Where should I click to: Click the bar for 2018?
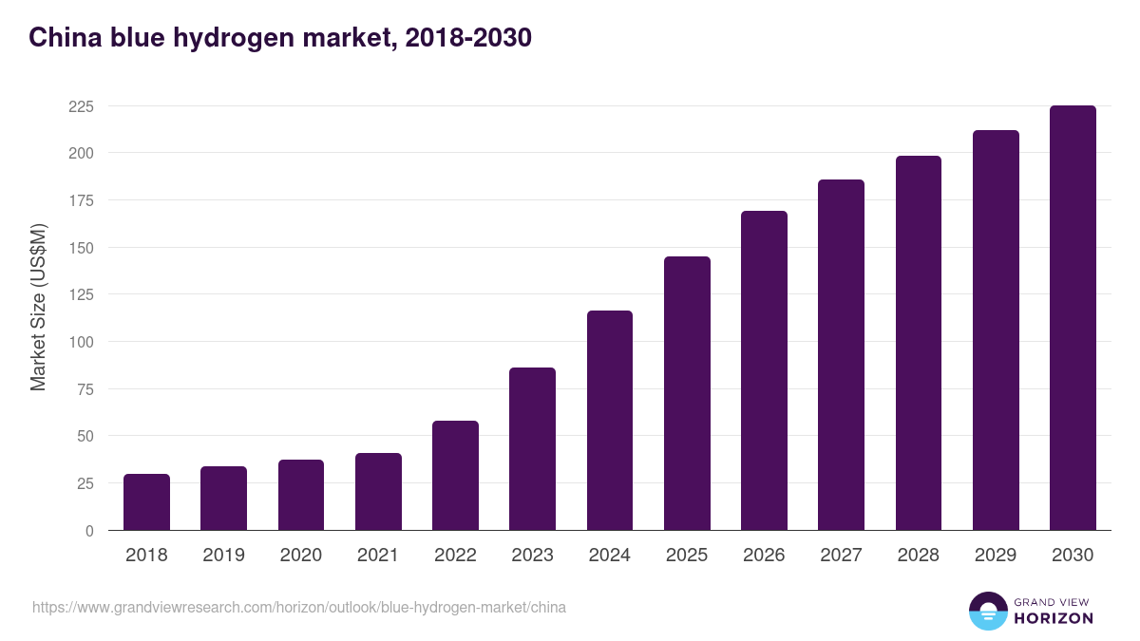coord(146,502)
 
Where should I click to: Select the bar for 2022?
coord(455,476)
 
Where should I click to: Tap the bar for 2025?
coord(687,393)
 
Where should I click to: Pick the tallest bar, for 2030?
coord(1073,318)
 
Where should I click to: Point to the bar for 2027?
coord(841,355)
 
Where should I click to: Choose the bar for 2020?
coord(301,495)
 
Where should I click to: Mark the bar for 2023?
coord(532,449)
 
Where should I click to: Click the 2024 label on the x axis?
coord(609,556)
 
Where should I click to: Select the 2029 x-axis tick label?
coord(996,556)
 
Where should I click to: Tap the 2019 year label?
coord(223,556)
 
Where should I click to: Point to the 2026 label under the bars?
coord(764,556)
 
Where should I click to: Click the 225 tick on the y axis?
coord(81,106)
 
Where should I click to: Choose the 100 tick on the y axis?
coord(81,342)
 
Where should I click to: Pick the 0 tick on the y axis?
coord(89,531)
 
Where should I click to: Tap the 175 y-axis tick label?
coord(81,200)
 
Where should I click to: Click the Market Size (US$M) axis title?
coord(38,307)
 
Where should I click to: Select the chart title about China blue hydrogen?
coord(279,38)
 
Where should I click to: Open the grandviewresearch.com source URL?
coord(299,607)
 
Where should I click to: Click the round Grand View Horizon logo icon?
coord(987,611)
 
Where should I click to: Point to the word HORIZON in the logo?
coord(1054,618)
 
